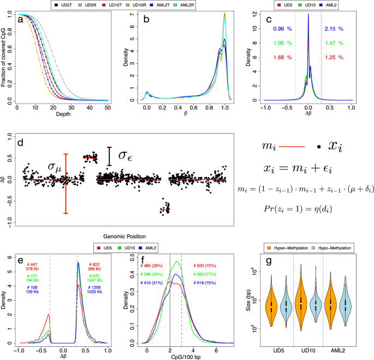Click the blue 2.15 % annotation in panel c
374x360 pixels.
[333, 28]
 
